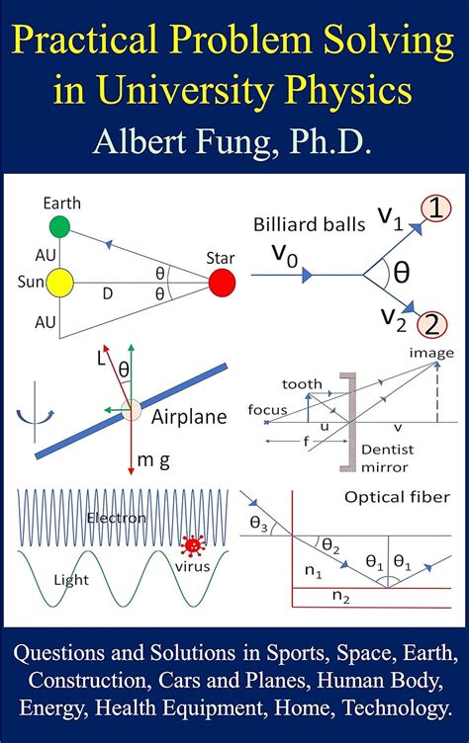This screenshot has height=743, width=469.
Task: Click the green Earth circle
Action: click(x=60, y=226)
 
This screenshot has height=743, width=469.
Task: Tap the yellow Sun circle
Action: click(x=60, y=281)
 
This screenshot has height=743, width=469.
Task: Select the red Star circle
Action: click(x=223, y=282)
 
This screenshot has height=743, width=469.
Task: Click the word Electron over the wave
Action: click(x=117, y=518)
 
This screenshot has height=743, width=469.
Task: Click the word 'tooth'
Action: click(x=301, y=384)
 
